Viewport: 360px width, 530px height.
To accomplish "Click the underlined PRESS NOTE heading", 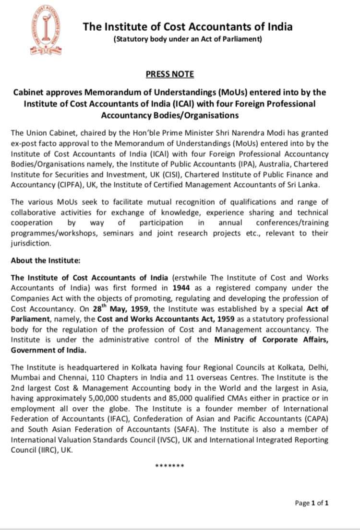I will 169,74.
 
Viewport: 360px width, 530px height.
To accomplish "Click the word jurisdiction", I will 30,244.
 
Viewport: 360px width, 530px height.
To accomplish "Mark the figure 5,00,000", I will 106,398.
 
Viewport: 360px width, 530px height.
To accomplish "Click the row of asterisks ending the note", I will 169,466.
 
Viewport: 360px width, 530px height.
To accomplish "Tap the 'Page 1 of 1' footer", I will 312,503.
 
